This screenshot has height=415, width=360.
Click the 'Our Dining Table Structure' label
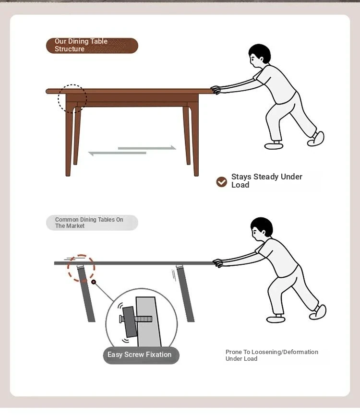(x=92, y=46)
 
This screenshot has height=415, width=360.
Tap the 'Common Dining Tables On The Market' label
(x=92, y=223)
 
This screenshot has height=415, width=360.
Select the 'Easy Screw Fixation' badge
(x=141, y=355)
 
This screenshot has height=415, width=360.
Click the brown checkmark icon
(x=222, y=182)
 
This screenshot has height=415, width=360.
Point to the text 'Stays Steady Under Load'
(x=266, y=181)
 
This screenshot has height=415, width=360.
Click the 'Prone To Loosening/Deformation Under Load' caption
(x=272, y=355)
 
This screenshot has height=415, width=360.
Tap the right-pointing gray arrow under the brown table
(x=147, y=148)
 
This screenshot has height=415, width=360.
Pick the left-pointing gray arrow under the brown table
(x=117, y=153)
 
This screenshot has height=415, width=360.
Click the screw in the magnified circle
(x=136, y=319)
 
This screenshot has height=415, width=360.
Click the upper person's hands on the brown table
(x=216, y=90)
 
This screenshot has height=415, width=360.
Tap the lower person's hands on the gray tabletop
(x=218, y=263)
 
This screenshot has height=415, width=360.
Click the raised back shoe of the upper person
(x=316, y=139)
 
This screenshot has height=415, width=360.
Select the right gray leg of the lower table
(x=185, y=294)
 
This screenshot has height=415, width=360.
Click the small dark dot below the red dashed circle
(x=94, y=282)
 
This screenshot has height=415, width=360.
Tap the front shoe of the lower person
(x=276, y=319)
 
